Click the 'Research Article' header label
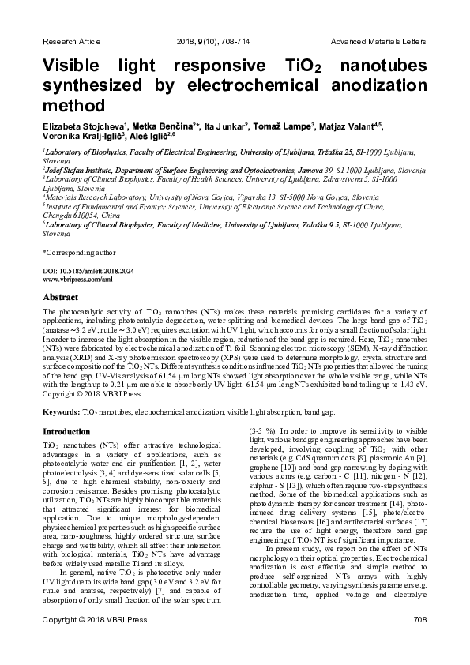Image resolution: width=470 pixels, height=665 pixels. pyautogui.click(x=71, y=40)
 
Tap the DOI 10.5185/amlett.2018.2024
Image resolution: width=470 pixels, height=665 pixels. pyautogui.click(x=89, y=270)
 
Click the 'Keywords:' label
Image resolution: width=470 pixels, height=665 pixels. pyautogui.click(x=61, y=412)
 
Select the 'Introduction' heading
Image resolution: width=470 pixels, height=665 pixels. pyautogui.click(x=66, y=432)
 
